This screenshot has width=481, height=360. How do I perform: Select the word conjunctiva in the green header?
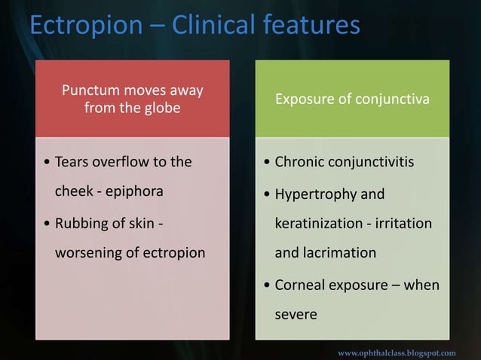click(x=394, y=100)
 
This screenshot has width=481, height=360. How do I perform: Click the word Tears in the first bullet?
click(x=74, y=162)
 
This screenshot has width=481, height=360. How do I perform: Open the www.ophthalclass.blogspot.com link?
click(x=397, y=352)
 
